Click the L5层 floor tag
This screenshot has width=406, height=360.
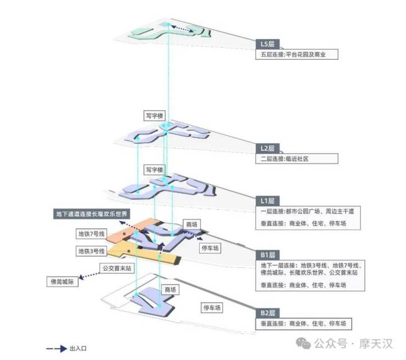pyautogui.click(x=268, y=44)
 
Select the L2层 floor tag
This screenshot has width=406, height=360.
pyautogui.click(x=268, y=148)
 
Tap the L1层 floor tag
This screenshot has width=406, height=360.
pyautogui.click(x=268, y=200)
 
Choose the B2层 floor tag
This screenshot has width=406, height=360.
pyautogui.click(x=268, y=313)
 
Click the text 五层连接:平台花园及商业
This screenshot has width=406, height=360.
pyautogui.click(x=296, y=55)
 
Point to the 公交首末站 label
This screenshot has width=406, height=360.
pyautogui.click(x=116, y=268)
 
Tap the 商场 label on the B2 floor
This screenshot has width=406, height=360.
pyautogui.click(x=170, y=289)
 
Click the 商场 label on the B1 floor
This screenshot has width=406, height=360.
pyautogui.click(x=191, y=224)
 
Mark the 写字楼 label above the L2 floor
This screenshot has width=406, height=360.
pyautogui.click(x=154, y=116)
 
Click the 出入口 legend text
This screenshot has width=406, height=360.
pyautogui.click(x=78, y=348)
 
